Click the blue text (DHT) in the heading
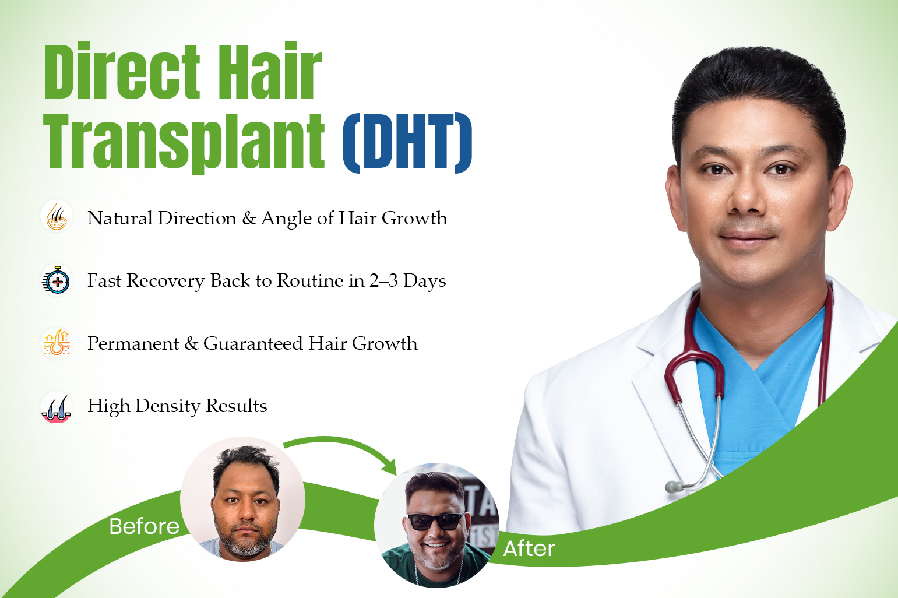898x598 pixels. [407, 142]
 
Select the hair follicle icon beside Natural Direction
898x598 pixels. [57, 216]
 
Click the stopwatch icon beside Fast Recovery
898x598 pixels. [57, 280]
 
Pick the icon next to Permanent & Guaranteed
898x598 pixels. [57, 343]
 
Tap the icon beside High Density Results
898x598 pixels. [57, 407]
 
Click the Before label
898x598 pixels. [144, 526]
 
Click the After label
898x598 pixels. [529, 548]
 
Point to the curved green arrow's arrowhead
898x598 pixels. [389, 466]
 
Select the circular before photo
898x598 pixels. [242, 499]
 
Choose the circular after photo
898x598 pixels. [436, 525]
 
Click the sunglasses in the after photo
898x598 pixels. [435, 520]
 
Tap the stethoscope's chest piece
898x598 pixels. [673, 487]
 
